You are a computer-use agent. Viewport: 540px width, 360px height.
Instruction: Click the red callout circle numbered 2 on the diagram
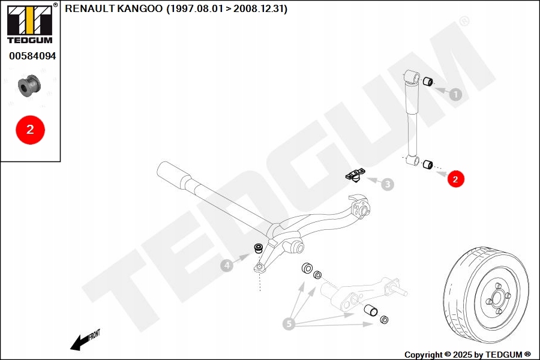tap(455, 179)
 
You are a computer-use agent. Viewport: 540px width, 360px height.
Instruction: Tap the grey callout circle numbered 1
tap(455, 94)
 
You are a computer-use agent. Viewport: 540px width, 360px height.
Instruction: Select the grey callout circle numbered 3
tap(388, 184)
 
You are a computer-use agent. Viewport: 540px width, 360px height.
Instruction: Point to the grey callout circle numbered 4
tap(226, 265)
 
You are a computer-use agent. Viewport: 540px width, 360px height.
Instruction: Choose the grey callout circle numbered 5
tap(289, 324)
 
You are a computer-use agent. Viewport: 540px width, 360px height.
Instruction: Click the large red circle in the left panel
tap(30, 129)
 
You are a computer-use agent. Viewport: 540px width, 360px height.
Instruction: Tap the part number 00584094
tap(32, 56)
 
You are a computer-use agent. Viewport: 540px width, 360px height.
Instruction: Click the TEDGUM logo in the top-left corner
tap(29, 23)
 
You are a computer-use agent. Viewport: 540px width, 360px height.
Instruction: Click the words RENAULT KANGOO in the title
tap(114, 9)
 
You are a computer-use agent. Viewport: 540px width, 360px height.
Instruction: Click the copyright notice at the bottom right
tap(467, 354)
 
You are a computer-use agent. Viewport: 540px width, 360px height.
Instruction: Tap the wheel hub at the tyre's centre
tap(497, 298)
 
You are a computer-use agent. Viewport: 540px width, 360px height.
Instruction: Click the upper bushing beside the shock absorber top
tap(428, 82)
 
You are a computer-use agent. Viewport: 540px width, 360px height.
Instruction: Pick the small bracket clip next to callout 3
tap(355, 175)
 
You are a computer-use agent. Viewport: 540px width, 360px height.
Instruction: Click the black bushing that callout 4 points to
tap(259, 247)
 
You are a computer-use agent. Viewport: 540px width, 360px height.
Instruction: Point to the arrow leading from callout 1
tap(441, 91)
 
